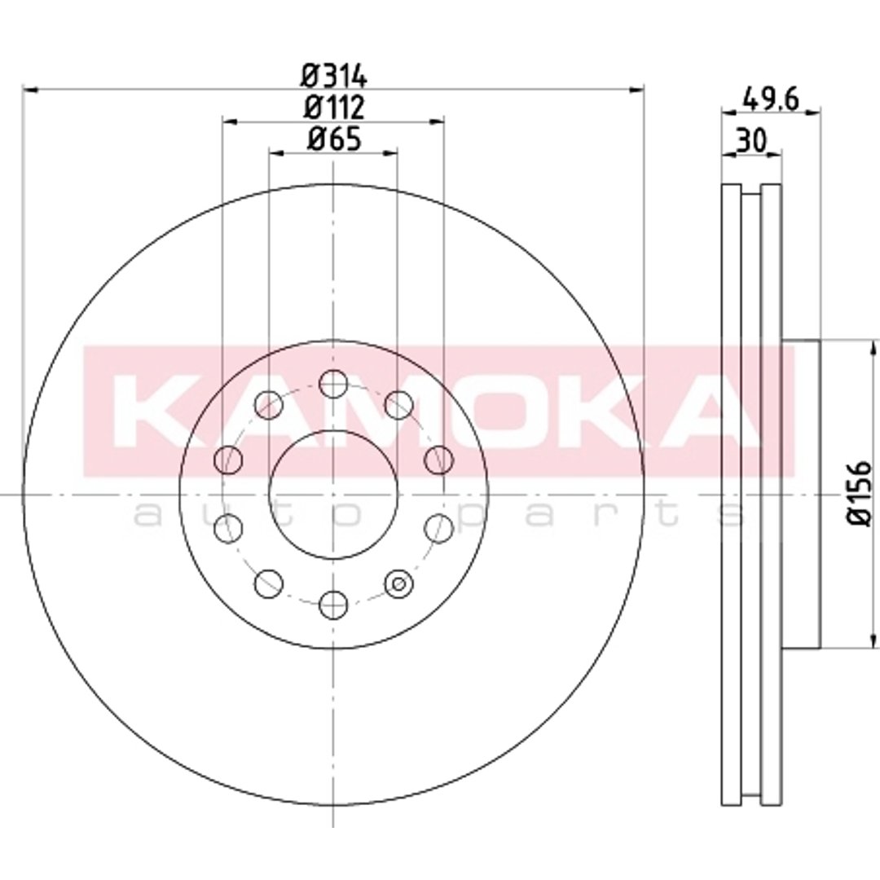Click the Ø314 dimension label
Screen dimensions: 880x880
click(x=334, y=76)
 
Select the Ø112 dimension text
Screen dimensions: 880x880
click(x=334, y=107)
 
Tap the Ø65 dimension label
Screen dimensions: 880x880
click(x=334, y=139)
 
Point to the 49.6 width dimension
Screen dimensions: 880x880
click(x=770, y=99)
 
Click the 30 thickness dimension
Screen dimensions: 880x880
click(x=751, y=140)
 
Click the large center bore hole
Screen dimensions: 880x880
click(x=333, y=495)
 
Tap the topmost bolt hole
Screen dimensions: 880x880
click(x=333, y=384)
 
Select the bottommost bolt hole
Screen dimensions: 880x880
click(x=333, y=605)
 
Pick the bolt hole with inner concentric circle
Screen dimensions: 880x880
click(x=399, y=583)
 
